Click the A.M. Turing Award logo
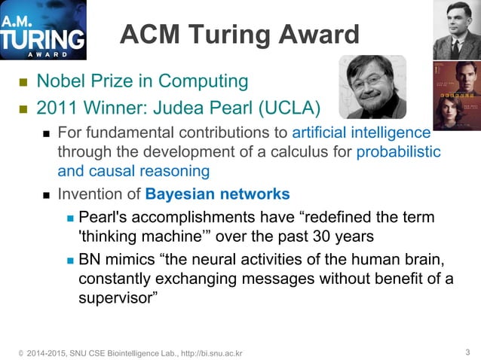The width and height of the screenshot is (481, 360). [43, 31]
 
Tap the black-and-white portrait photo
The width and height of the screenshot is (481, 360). [456, 29]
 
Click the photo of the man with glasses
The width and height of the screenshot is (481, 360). [372, 87]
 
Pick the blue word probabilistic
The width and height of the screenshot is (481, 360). [398, 151]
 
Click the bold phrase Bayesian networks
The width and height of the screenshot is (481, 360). [217, 194]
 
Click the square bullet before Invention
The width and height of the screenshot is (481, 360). [46, 195]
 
